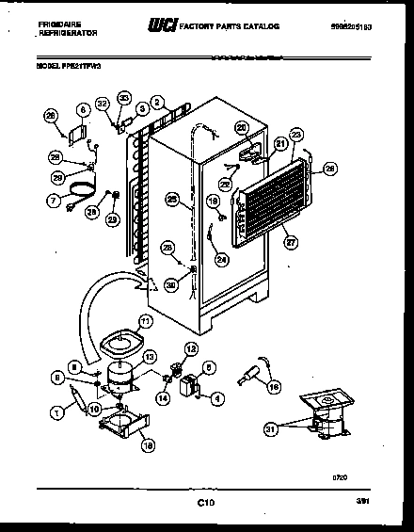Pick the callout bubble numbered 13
pyautogui.click(x=151, y=356)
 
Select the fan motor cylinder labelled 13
pyautogui.click(x=119, y=377)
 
